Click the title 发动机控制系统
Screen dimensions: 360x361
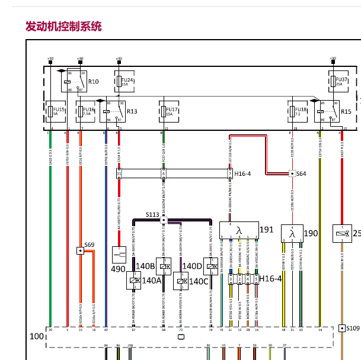[x=63, y=27]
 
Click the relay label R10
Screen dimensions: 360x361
[x=93, y=81]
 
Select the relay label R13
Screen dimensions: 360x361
[x=132, y=111]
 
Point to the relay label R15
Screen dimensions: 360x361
[x=346, y=111]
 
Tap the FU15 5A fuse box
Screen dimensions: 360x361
[x=53, y=111]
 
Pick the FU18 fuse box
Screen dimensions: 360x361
[x=293, y=111]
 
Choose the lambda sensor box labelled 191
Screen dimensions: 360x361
[x=239, y=230]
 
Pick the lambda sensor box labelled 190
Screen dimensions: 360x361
[x=292, y=233]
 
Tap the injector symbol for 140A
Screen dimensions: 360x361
[x=134, y=281]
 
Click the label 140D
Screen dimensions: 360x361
[x=193, y=266]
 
